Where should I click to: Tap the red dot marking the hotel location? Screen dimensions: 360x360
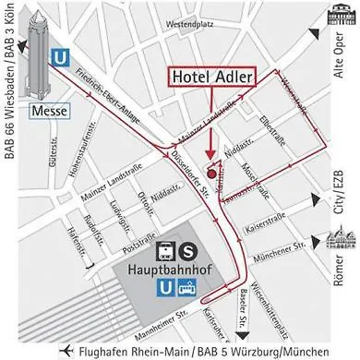[212, 173]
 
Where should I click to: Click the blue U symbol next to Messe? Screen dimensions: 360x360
[62, 56]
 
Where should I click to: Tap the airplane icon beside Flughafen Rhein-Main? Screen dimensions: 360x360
[66, 351]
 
